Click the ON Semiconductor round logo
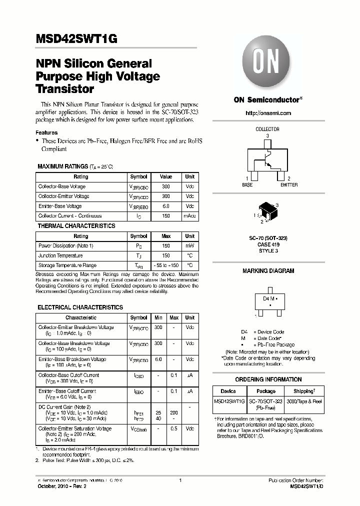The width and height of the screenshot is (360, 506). (267, 63)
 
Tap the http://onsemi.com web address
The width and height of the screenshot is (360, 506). (268, 113)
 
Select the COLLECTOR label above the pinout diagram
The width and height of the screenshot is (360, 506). (267, 129)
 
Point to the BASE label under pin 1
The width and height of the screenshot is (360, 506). (247, 185)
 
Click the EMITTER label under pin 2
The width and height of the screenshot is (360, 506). (288, 185)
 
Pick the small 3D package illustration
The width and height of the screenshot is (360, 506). (268, 213)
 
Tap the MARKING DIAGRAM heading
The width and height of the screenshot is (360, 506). (268, 271)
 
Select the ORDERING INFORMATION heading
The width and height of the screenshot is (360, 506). (268, 379)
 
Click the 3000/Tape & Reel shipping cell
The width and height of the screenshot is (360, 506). (304, 401)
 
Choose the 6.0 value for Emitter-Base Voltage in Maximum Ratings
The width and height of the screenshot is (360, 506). (165, 206)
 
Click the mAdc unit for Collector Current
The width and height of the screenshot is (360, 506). (190, 216)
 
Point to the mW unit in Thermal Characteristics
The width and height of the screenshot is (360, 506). (190, 246)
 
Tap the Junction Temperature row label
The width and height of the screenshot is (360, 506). (60, 255)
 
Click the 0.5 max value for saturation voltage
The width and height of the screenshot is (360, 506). (174, 428)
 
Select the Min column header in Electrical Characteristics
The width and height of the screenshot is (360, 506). (158, 317)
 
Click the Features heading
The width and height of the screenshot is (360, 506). (46, 133)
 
